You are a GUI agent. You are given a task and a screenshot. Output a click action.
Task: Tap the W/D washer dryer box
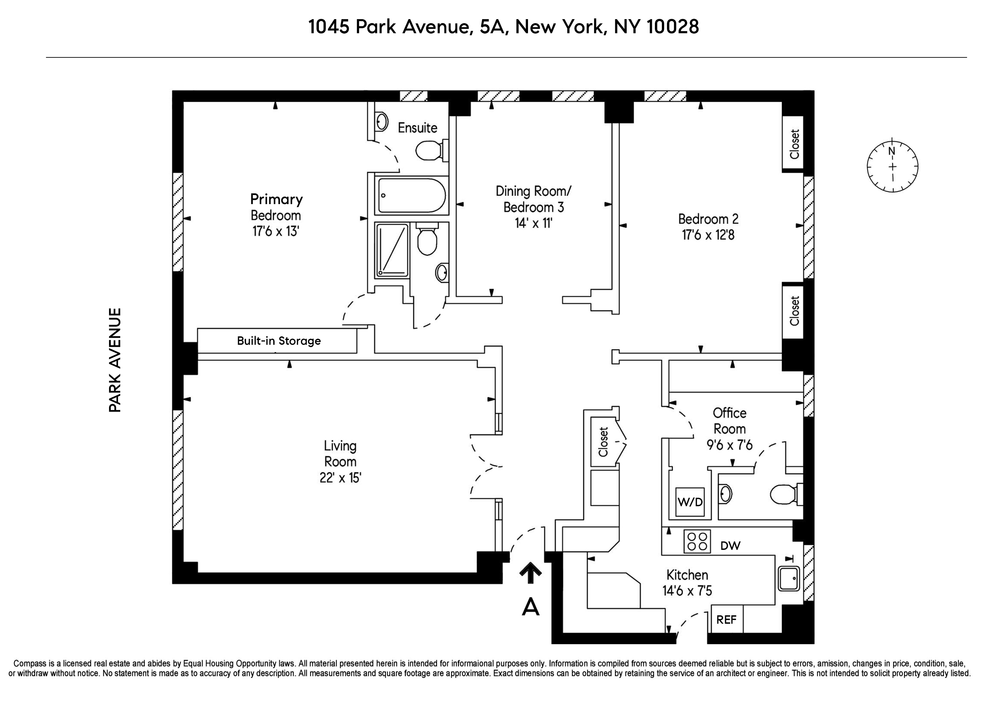click(690, 502)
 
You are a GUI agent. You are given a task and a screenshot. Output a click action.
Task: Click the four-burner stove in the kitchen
click(697, 541)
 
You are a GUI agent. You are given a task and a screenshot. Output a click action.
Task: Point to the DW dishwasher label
click(730, 546)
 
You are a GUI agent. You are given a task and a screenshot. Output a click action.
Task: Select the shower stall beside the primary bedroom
click(392, 250)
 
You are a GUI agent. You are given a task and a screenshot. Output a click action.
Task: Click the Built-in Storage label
click(279, 341)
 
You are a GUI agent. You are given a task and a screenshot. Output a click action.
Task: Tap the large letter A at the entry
click(530, 607)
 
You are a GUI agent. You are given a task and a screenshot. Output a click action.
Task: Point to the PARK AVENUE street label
click(115, 360)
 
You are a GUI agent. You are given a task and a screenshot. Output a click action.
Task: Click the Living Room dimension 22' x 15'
click(340, 478)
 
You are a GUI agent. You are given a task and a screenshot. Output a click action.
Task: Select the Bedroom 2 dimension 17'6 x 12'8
click(708, 235)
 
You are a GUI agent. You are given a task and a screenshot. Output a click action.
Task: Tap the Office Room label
click(729, 421)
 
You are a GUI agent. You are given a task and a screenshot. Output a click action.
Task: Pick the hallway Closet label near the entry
click(604, 442)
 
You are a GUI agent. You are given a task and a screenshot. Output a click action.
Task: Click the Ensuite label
click(417, 128)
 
